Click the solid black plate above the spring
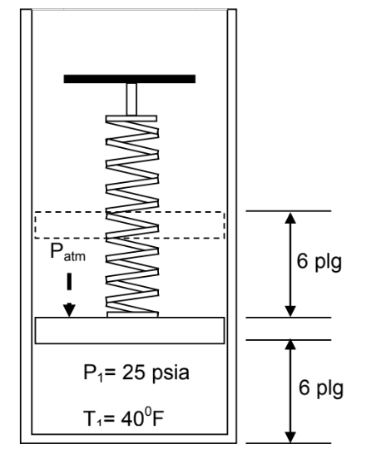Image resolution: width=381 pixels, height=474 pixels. (x=130, y=79)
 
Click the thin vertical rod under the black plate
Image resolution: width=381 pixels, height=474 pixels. (x=131, y=99)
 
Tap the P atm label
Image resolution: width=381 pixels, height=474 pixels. (x=67, y=252)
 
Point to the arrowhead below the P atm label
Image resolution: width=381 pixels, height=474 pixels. (x=69, y=310)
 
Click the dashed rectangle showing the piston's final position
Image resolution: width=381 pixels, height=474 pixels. (x=130, y=213)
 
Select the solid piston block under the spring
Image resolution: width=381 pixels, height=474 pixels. (x=130, y=330)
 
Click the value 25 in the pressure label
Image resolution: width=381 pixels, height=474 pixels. (x=133, y=373)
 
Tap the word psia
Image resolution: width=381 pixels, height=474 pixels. (x=171, y=373)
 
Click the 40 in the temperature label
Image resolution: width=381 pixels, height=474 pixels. (x=132, y=418)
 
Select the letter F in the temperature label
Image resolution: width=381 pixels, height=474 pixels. (x=157, y=418)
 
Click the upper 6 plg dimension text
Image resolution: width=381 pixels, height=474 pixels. (x=319, y=262)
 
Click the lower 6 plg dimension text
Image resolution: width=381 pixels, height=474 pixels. (x=321, y=388)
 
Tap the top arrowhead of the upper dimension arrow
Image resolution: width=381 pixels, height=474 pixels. (x=290, y=218)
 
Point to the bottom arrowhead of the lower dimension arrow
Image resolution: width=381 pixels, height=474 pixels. (x=290, y=437)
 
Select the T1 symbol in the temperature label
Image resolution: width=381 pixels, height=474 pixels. (x=92, y=419)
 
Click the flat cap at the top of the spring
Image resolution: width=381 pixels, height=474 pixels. (x=131, y=118)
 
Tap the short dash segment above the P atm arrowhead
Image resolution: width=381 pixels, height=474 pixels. (x=69, y=282)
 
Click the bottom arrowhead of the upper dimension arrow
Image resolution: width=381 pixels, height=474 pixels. (x=290, y=311)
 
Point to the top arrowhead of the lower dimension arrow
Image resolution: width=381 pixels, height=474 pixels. (x=290, y=346)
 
